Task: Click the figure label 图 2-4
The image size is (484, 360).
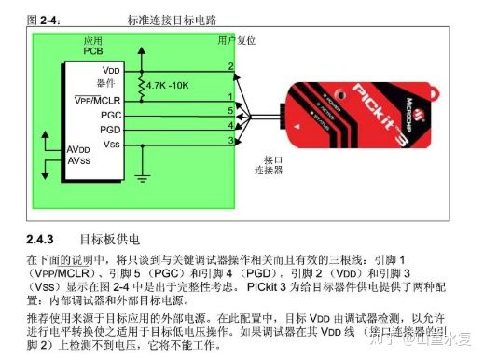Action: (43, 20)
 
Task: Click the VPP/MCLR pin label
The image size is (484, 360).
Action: (99, 98)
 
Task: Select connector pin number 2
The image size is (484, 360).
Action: (230, 66)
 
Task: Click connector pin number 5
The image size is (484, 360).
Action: (230, 110)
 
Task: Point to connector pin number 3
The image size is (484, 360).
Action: (230, 140)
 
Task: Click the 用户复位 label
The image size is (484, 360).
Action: (236, 40)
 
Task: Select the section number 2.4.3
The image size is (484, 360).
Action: (42, 229)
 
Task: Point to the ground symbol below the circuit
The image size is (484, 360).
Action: (142, 175)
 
